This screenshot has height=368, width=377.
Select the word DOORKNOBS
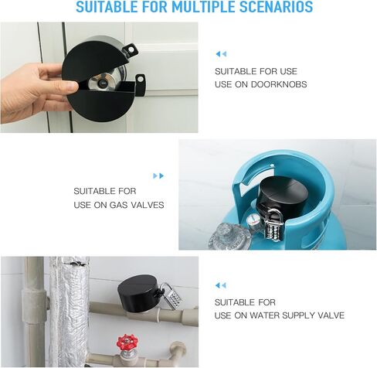(277, 83)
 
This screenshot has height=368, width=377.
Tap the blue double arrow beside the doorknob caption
(221, 53)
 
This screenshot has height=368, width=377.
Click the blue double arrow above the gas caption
(158, 175)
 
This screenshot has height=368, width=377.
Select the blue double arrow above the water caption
(221, 285)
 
